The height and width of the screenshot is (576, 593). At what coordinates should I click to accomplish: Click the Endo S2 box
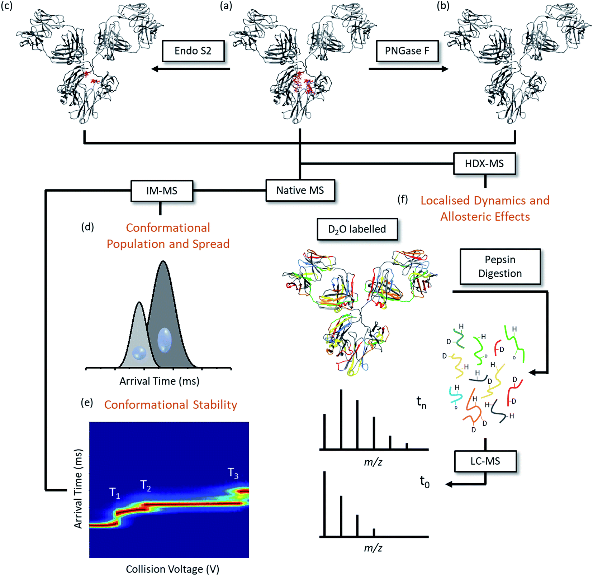[193, 51]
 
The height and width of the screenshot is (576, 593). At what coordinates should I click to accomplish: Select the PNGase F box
[407, 51]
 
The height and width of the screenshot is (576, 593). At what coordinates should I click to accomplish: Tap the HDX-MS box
[484, 164]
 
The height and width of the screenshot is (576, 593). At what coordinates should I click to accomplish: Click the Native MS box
[300, 190]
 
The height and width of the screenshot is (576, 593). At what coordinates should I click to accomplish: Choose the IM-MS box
[162, 191]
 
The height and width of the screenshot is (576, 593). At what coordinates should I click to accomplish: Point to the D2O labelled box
[357, 229]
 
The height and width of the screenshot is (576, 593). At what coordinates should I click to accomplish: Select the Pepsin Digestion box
[500, 267]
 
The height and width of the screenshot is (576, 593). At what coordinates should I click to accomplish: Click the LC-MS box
[485, 461]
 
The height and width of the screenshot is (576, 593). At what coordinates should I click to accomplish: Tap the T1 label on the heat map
[114, 493]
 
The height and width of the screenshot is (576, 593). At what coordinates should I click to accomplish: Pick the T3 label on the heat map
[233, 473]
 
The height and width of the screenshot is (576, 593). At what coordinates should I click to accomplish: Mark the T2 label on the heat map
[145, 486]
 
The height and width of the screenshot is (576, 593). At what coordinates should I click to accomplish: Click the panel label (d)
[87, 227]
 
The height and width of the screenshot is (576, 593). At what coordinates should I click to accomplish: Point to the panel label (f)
[403, 199]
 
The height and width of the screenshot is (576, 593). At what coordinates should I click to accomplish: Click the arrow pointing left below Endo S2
[190, 69]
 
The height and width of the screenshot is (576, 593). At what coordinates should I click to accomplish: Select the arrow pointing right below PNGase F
[409, 69]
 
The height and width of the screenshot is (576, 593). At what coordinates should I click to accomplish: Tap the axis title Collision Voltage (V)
[172, 569]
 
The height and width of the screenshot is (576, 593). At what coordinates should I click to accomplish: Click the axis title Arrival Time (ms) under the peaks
[159, 381]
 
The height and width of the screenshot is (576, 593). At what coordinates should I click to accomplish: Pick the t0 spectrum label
[424, 482]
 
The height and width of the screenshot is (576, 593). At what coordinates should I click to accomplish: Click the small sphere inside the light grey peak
[139, 353]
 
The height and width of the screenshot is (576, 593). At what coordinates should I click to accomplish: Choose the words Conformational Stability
[171, 405]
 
